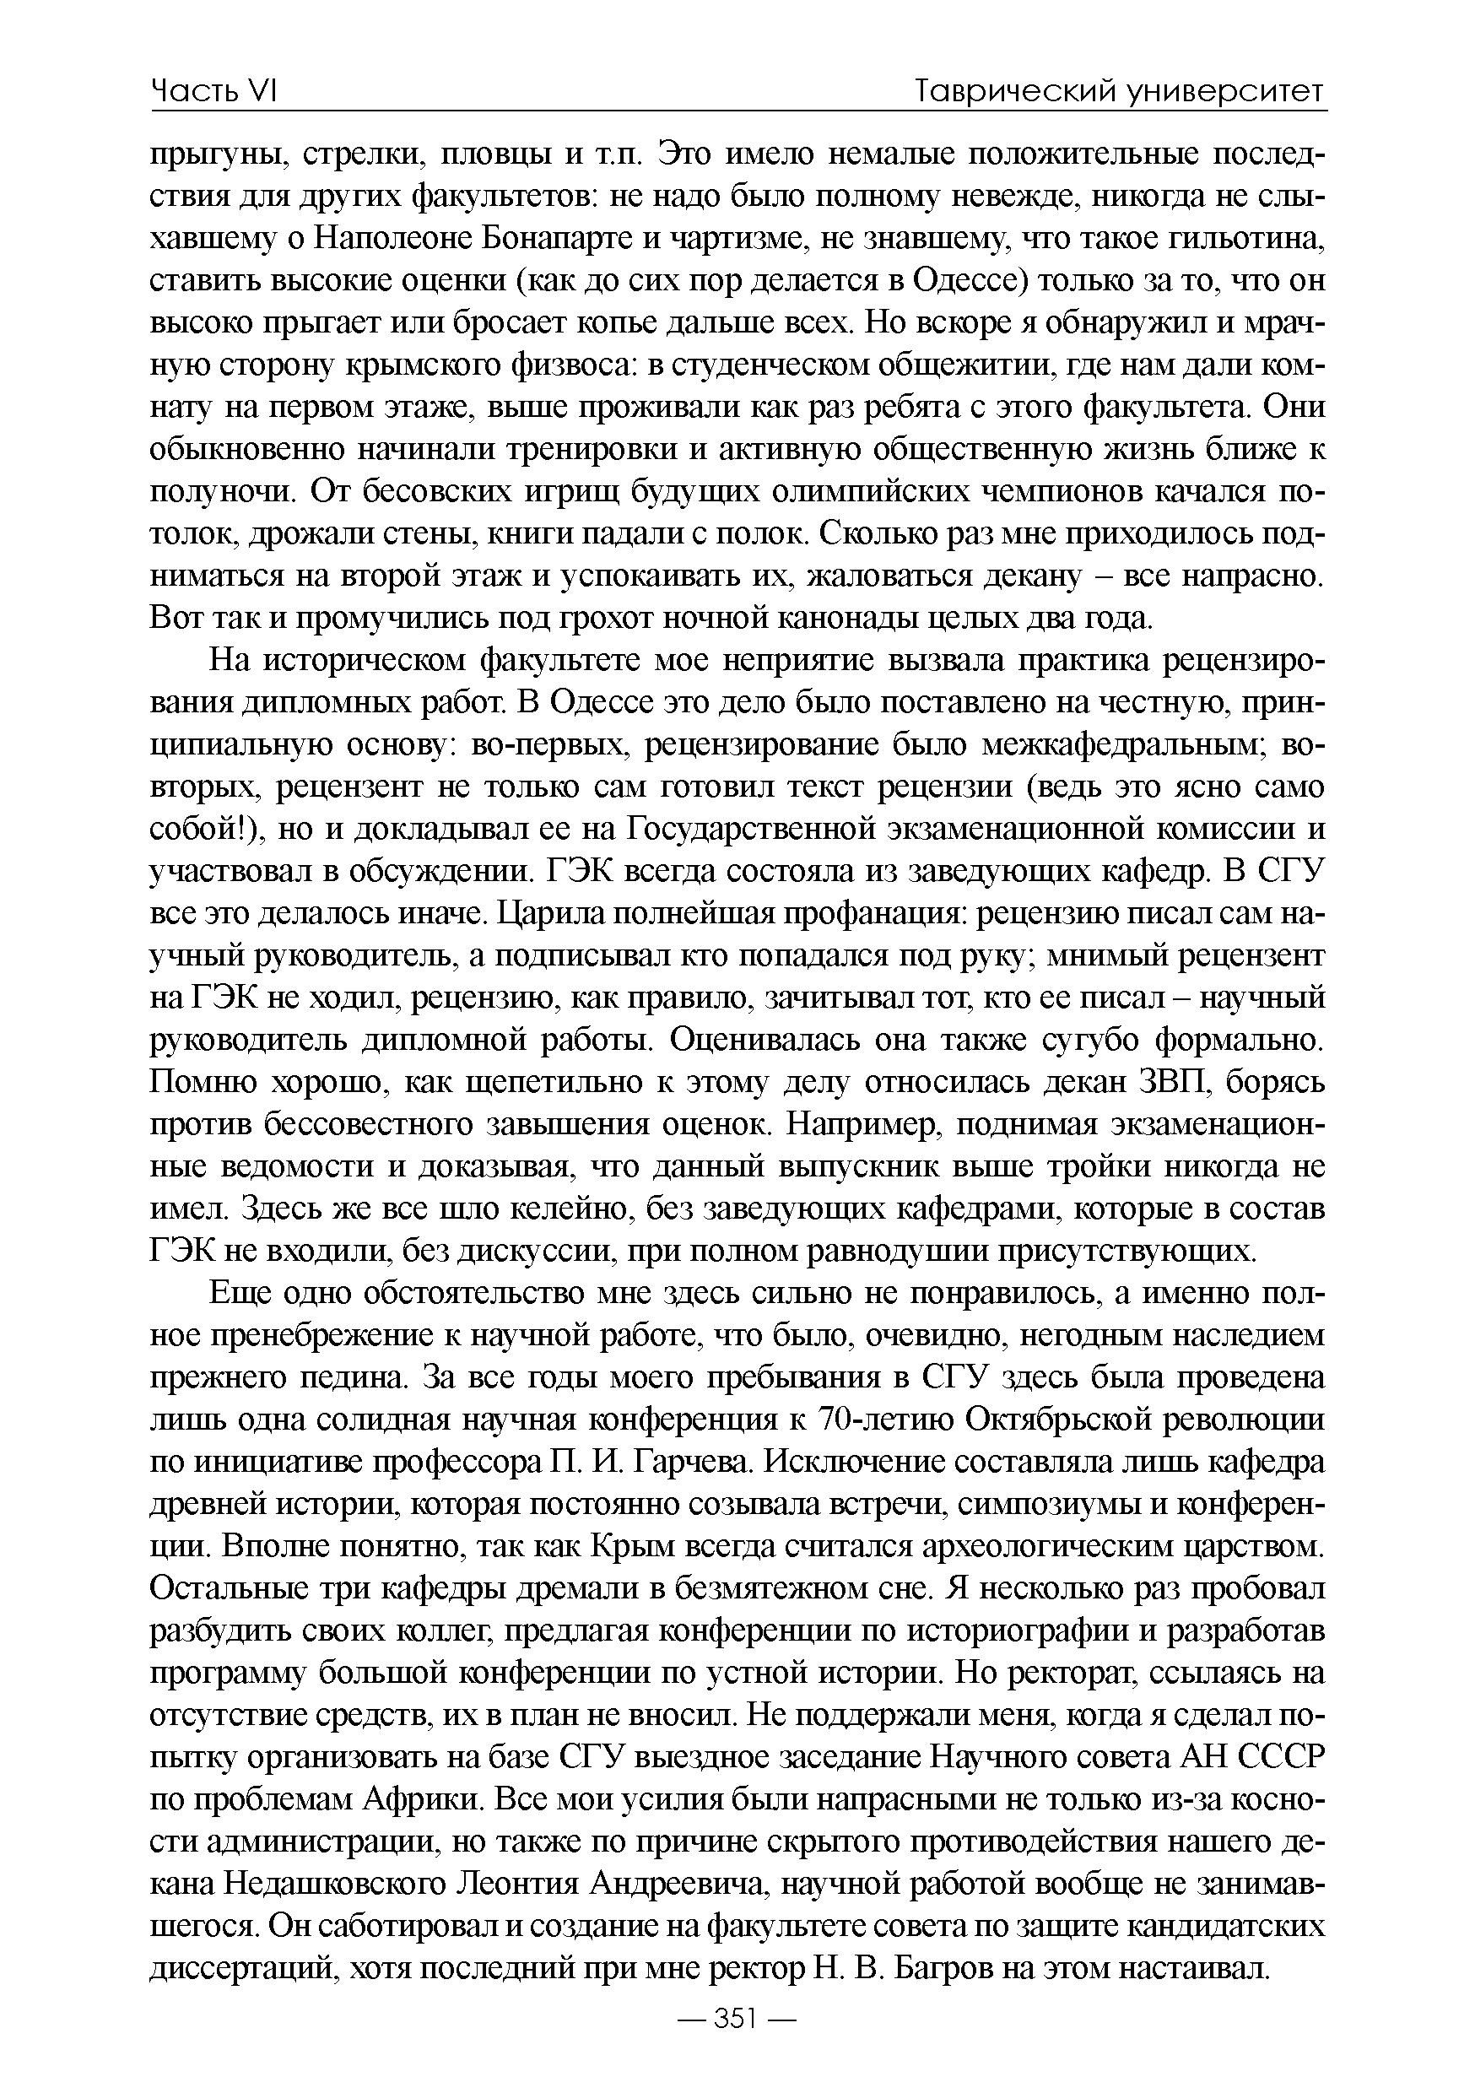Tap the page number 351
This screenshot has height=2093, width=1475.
pyautogui.click(x=737, y=2045)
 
